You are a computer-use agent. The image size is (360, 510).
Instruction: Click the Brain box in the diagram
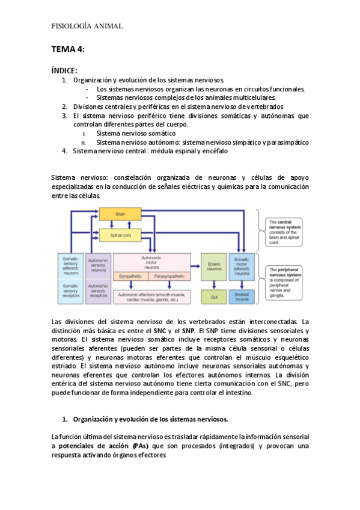point(120,214)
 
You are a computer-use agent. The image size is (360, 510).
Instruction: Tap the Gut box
point(214,297)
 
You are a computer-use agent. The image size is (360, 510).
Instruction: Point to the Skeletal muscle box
point(242,297)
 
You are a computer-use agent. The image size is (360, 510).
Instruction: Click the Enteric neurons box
point(214,266)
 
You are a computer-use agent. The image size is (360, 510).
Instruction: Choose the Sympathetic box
point(130,276)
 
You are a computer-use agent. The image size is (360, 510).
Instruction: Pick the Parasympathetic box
point(169,276)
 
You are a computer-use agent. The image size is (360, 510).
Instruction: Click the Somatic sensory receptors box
point(70,290)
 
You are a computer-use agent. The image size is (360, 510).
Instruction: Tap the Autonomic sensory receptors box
point(98,290)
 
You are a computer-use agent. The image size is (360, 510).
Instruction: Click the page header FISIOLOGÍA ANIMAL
point(87,26)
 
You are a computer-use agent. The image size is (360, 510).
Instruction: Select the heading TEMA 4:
point(67,49)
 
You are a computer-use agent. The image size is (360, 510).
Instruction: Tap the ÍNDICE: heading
point(64,70)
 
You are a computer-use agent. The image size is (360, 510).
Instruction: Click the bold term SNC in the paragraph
point(160,331)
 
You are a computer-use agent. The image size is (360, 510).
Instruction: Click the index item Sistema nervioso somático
point(136,134)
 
